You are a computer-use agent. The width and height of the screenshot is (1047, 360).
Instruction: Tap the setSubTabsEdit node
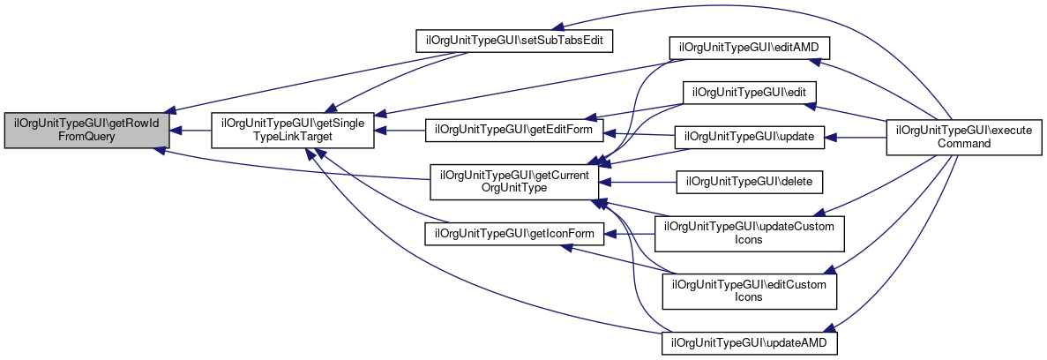coord(514,41)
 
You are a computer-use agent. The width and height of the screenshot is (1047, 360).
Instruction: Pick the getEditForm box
coord(514,130)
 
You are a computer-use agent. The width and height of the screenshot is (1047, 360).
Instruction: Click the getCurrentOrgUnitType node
coord(514,181)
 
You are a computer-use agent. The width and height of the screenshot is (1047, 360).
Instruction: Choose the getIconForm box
coord(514,234)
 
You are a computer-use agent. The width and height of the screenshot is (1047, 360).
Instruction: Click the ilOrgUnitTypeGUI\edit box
coord(749,93)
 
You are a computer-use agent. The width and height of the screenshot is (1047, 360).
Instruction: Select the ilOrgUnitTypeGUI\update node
coord(749,138)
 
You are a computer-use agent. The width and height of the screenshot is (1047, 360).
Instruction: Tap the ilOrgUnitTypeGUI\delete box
coord(749,182)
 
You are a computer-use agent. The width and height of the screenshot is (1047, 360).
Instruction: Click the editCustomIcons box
coord(749,291)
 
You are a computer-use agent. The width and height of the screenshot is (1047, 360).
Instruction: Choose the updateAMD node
coord(749,341)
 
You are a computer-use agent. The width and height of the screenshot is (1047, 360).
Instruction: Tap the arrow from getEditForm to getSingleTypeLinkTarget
coord(401,131)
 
